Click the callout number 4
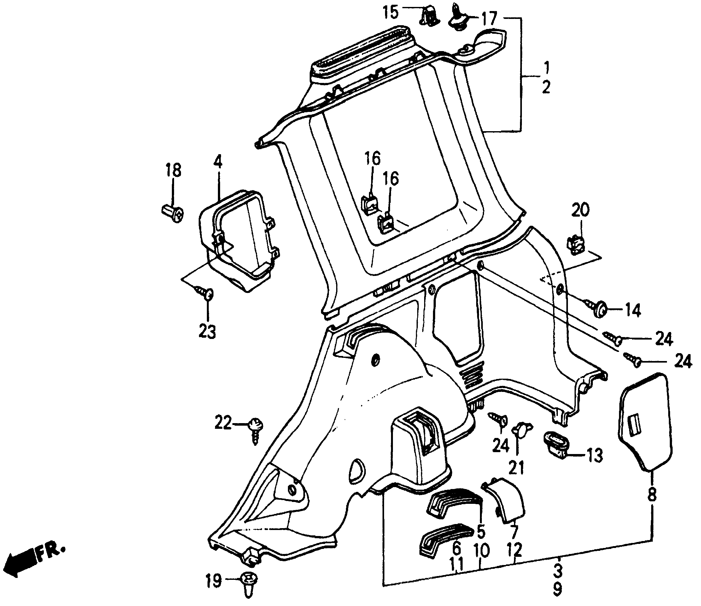pyautogui.click(x=218, y=163)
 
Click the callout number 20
pyautogui.click(x=581, y=210)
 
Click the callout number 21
pyautogui.click(x=517, y=468)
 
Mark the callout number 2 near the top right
pyautogui.click(x=546, y=87)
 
